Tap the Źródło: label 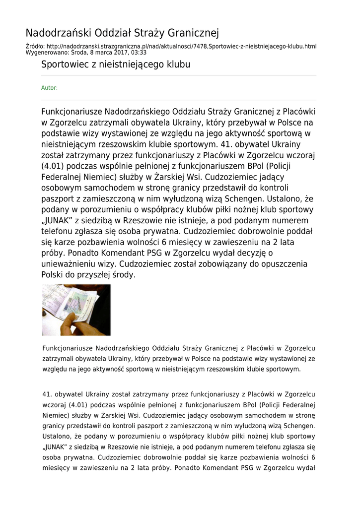[x=35, y=46]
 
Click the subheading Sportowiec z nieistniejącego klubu [x=115, y=64]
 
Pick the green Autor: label [x=49, y=88]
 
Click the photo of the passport [x=76, y=310]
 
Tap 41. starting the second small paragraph [x=47, y=394]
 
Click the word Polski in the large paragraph [x=53, y=274]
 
